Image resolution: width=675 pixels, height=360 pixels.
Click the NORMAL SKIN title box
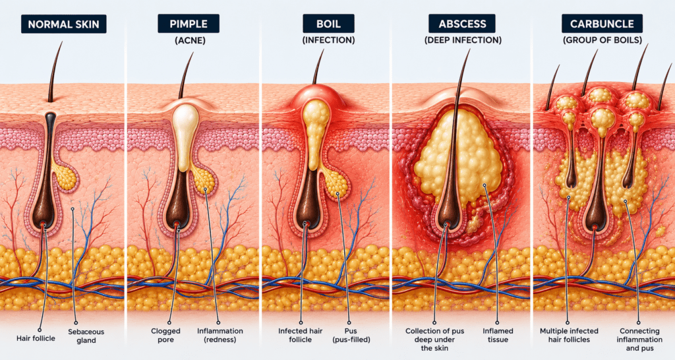pos(64,24)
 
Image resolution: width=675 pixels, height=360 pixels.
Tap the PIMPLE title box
pos(189,24)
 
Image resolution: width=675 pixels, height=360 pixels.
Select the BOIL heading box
pos(328,24)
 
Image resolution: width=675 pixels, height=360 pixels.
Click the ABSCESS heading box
pos(462,24)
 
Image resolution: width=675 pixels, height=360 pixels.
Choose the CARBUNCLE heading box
pos(602,24)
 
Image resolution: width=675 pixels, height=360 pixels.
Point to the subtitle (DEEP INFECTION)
pos(463,40)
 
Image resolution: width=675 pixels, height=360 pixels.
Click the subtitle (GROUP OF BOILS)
pos(602,40)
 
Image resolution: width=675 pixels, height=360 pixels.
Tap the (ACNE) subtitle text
pos(190,40)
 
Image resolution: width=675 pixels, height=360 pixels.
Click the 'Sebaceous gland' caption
pos(86,336)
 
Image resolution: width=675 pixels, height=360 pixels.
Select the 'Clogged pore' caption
pos(165,335)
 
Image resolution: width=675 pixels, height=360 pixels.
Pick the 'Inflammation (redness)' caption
pos(220,335)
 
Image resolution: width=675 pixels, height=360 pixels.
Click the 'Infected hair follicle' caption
pos(301,335)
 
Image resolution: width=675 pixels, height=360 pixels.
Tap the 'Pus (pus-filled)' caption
pos(351,335)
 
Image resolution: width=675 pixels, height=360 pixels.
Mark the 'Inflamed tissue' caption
pos(498,335)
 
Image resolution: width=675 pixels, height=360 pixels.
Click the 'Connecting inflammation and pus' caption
pos(639,340)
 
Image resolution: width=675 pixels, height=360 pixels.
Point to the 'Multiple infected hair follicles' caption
pos(569,335)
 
